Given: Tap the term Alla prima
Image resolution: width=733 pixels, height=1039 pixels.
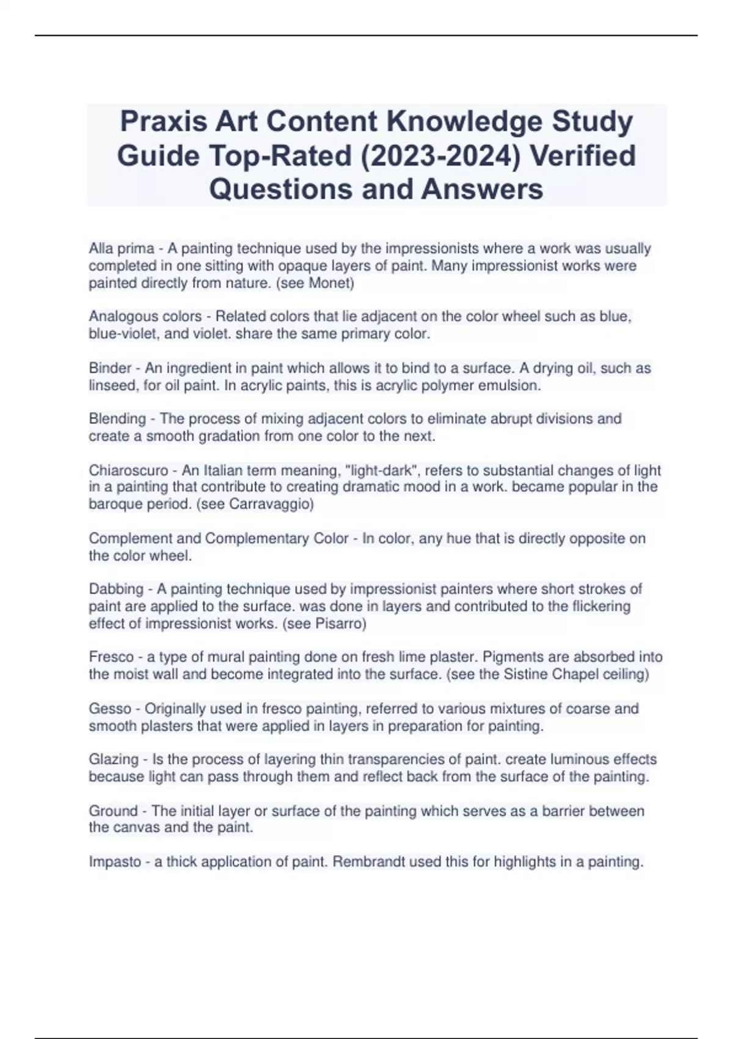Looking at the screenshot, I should pyautogui.click(x=121, y=249).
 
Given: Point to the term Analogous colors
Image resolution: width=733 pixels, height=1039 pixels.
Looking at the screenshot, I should pyautogui.click(x=145, y=317).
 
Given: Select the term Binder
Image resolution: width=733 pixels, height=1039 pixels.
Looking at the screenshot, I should pyautogui.click(x=110, y=368).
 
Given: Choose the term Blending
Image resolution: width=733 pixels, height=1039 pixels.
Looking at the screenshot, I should pyautogui.click(x=117, y=419).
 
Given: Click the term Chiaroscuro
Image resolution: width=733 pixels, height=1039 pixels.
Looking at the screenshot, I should pyautogui.click(x=128, y=471).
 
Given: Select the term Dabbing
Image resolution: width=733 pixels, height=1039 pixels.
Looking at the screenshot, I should pyautogui.click(x=116, y=589).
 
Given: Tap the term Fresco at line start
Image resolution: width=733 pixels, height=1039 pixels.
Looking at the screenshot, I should pyautogui.click(x=111, y=657).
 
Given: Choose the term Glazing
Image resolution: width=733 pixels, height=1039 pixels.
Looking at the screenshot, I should pyautogui.click(x=114, y=760).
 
